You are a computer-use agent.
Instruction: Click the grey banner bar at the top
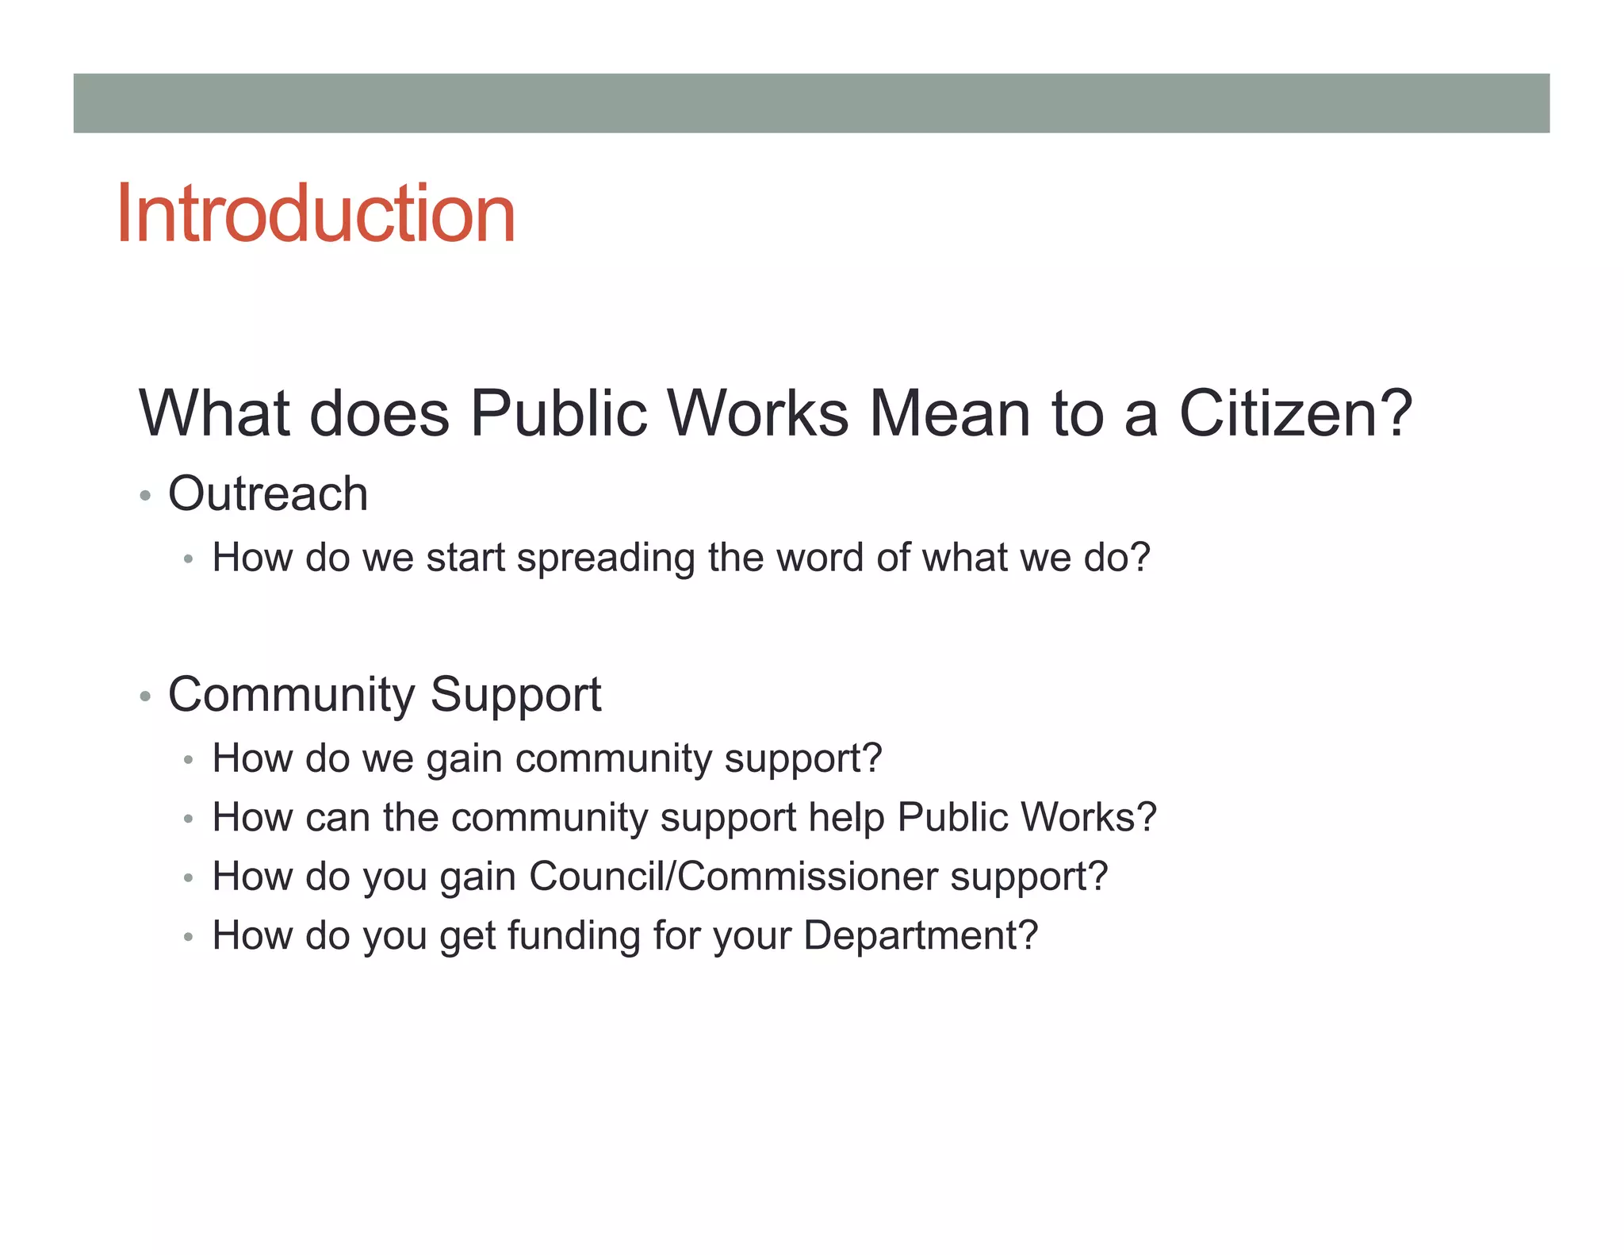[x=811, y=103]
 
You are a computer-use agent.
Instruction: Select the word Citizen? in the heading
[x=1295, y=413]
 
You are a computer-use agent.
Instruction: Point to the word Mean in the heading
[x=950, y=413]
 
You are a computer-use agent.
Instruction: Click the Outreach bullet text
[x=268, y=493]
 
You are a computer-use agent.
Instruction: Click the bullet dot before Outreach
[x=144, y=497]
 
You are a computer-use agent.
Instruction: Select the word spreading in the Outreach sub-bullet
[x=606, y=558]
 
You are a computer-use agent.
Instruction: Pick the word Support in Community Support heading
[x=515, y=695]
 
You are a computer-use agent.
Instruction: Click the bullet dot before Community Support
[x=144, y=697]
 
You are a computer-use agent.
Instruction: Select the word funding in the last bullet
[x=574, y=935]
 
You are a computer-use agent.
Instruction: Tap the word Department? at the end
[x=920, y=936]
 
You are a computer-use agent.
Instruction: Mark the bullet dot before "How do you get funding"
[x=188, y=938]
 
